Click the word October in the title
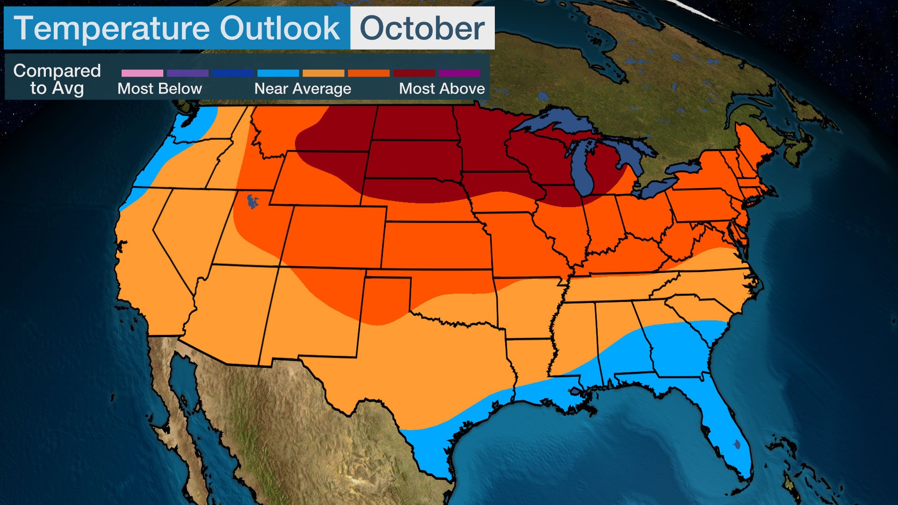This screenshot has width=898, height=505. click(422, 28)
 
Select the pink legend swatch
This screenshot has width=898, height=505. click(142, 73)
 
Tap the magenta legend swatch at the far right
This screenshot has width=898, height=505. click(459, 73)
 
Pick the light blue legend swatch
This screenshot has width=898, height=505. click(278, 73)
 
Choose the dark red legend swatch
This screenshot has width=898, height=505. click(414, 73)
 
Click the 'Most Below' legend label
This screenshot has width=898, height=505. click(159, 88)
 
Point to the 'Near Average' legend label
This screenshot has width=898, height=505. click(303, 88)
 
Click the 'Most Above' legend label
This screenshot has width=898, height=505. click(442, 88)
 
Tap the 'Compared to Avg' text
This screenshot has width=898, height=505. click(57, 79)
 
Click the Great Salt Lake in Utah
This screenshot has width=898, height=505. click(253, 202)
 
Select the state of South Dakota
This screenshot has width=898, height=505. click(412, 159)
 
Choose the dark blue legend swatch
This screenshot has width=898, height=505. click(232, 73)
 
